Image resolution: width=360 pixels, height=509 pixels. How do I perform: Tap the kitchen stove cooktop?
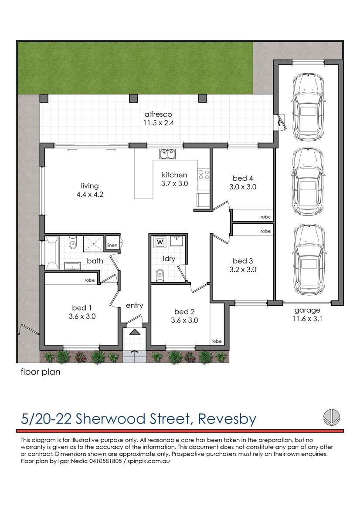coord(204,175)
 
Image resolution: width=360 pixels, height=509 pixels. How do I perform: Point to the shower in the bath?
coord(93,244)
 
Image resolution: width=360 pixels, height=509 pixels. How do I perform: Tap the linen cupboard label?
coord(112,246)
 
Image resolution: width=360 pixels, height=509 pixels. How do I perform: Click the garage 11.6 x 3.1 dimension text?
coord(307,318)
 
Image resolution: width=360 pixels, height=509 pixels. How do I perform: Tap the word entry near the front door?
coord(134,306)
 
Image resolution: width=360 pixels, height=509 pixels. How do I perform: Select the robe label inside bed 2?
coord(216,341)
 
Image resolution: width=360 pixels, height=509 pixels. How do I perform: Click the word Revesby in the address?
coord(227,419)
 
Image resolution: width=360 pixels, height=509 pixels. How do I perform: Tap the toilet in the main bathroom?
coord(73,243)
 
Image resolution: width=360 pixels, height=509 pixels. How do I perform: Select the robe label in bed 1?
coord(90,280)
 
